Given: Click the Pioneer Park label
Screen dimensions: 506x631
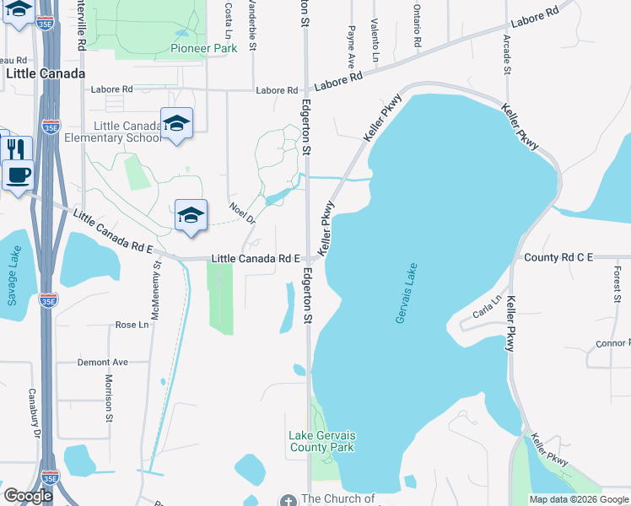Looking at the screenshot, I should click(x=203, y=49).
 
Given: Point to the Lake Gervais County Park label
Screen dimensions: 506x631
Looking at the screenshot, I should click(x=322, y=441).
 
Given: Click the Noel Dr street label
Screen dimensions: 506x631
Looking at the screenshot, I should click(x=241, y=212).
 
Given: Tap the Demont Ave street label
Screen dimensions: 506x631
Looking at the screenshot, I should click(x=102, y=362).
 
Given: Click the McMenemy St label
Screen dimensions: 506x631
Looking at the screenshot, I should click(x=156, y=289).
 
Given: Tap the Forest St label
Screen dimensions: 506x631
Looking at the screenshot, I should click(x=618, y=284).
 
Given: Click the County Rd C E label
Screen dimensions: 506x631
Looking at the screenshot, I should click(x=558, y=256).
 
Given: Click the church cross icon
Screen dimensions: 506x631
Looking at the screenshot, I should click(x=289, y=499).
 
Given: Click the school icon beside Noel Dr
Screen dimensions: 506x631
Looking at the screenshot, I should click(x=191, y=215).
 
